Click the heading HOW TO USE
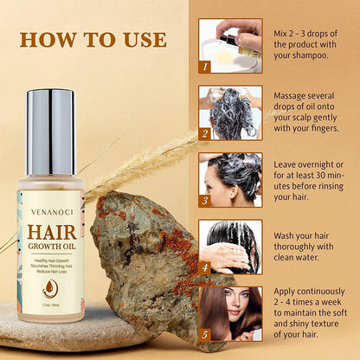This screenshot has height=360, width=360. point(93,40)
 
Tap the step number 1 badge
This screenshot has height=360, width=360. point(205,66)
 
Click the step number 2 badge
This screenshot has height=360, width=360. point(205,133)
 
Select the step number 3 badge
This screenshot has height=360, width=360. point(205,200)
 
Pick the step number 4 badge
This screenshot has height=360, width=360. point(205,267)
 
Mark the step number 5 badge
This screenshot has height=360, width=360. point(205,334)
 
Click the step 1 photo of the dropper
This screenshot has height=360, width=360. point(230,45)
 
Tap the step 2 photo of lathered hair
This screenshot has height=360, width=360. point(230,112)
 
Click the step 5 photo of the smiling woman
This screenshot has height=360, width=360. point(230,312)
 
